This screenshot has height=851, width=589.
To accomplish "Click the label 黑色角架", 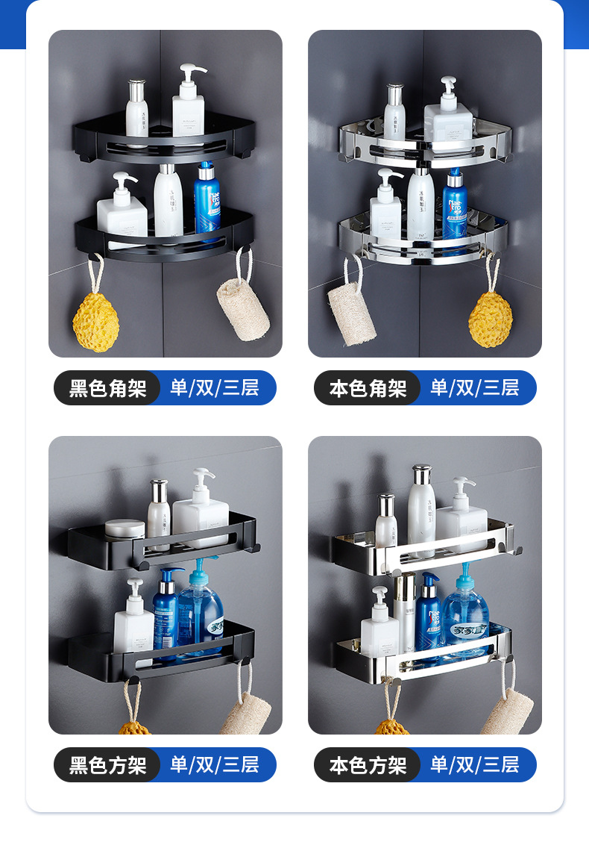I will (107, 388).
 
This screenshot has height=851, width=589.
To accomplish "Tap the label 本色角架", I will (368, 388).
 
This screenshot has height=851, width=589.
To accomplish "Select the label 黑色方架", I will (107, 765).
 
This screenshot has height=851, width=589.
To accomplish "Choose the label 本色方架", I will (368, 765).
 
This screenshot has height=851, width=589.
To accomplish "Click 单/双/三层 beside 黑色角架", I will (215, 388).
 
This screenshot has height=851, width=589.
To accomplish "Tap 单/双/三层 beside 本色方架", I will (474, 765).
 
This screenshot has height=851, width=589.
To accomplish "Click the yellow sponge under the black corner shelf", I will (95, 321).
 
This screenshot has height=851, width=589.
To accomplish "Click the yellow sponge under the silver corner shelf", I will (491, 319).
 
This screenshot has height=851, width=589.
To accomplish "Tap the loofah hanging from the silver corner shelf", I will (353, 313).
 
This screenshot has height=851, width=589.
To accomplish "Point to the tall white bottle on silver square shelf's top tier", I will (421, 511).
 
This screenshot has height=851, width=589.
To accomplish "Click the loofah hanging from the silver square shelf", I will (507, 713).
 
